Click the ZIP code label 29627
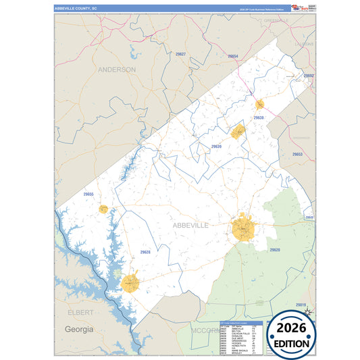click(180, 53)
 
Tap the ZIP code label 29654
click(232, 57)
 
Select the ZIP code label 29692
click(308, 76)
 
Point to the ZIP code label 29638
click(259, 118)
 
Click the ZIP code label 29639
click(216, 146)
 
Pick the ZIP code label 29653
click(297, 155)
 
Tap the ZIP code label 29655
click(88, 195)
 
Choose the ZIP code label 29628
click(145, 252)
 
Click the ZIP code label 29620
click(274, 250)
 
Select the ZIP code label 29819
click(301, 305)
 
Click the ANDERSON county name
click(116, 70)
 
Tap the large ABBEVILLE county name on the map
click(190, 225)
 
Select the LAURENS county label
click(304, 44)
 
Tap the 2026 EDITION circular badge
click(292, 333)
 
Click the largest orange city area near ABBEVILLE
click(244, 228)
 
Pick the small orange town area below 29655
click(103, 209)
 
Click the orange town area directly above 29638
click(259, 105)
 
